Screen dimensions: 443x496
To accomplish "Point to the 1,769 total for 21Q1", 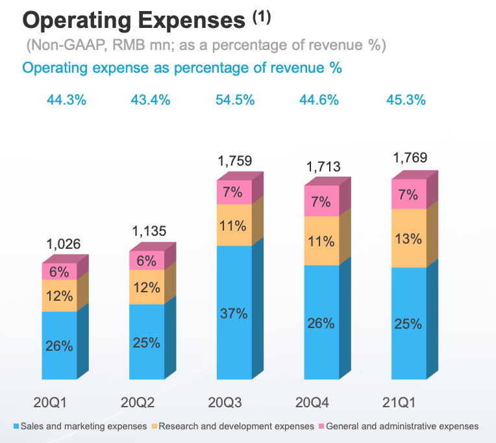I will tap(411, 158).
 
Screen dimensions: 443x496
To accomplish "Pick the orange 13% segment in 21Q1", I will tap(410, 238).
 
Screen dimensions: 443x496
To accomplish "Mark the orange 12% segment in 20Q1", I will tap(59, 296).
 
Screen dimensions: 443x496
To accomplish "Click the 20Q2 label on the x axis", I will tap(138, 403).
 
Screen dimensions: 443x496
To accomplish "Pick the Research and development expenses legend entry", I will tap(234, 426).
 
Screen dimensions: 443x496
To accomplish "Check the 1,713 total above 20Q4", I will tap(323, 168).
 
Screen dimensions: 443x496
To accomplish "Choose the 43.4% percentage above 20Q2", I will tap(150, 100).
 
